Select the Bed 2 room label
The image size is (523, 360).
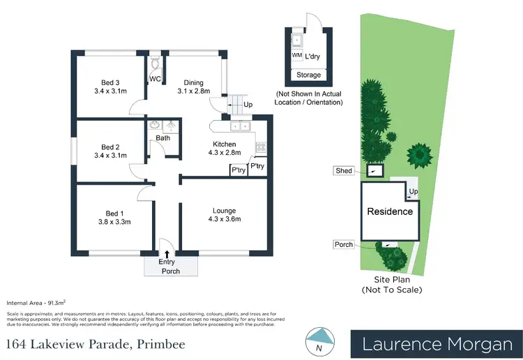(x=110, y=147)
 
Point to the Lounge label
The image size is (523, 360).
(x=224, y=211)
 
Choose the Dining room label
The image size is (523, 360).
(x=193, y=80)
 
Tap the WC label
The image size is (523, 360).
(x=155, y=79)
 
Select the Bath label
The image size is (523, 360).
(x=162, y=138)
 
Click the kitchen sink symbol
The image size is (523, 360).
(x=241, y=126)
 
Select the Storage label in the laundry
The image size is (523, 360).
(x=309, y=75)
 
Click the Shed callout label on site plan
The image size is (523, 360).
(x=344, y=170)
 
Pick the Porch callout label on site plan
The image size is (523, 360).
(x=343, y=244)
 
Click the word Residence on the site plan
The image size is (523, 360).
(x=390, y=211)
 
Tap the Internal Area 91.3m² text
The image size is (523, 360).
(x=36, y=303)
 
